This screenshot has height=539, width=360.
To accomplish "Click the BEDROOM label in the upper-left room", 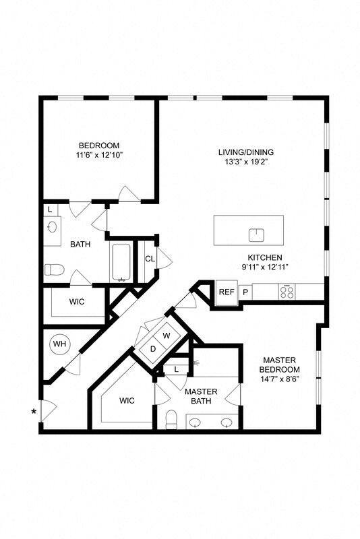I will click(x=99, y=146).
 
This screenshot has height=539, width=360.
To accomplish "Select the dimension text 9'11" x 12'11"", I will click(x=264, y=267).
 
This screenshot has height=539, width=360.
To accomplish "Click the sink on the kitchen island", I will click(x=256, y=235).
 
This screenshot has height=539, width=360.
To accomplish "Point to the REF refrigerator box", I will click(x=225, y=292).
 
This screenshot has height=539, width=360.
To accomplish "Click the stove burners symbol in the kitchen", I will click(x=287, y=292).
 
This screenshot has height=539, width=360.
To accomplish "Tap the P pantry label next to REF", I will click(x=245, y=292).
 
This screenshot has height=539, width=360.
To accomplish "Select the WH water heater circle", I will click(x=60, y=344).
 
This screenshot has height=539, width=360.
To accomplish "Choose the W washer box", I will click(x=166, y=335).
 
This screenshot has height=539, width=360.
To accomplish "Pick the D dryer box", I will click(x=152, y=349).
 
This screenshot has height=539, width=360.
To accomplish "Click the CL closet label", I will click(x=149, y=259).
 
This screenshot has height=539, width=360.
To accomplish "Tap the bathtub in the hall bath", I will click(x=122, y=262).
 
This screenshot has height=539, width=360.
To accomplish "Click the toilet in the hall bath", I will click(x=53, y=270).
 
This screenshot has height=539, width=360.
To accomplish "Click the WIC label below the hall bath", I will click(x=76, y=302).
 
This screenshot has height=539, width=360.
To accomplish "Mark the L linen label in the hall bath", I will click(x=51, y=210).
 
